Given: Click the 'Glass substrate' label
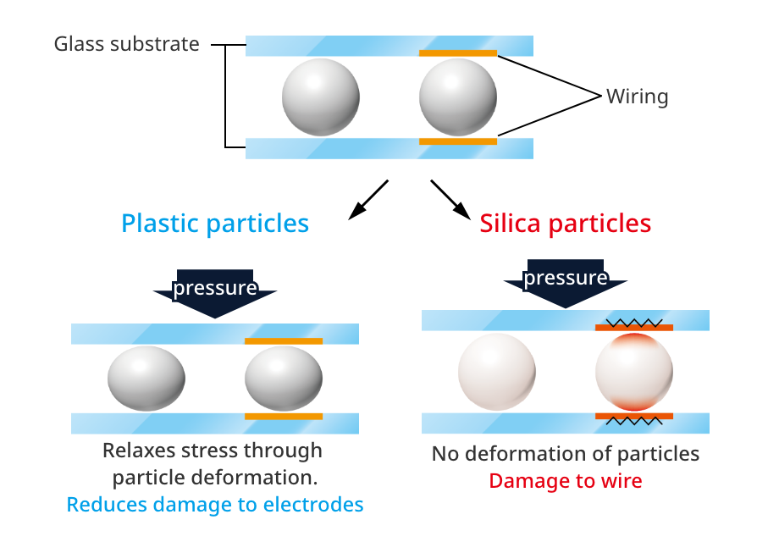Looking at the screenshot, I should click(x=127, y=44).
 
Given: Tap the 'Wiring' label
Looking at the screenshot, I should click(x=637, y=97).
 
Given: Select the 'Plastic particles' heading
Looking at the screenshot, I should click(x=215, y=224).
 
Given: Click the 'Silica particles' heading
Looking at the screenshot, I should click(x=566, y=224).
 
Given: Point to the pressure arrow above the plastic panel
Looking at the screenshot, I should click(x=215, y=292).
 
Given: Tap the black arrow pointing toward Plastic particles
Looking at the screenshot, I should click(x=367, y=201).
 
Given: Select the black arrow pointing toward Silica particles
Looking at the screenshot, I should click(x=450, y=201).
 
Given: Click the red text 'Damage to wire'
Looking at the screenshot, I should click(x=566, y=481).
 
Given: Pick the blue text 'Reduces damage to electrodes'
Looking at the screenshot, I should click(x=215, y=506).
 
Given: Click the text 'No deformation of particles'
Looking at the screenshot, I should click(x=566, y=454).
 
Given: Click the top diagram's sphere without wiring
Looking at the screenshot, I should click(x=321, y=97).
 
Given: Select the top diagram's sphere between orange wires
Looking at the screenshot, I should click(x=458, y=97).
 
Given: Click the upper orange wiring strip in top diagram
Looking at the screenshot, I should click(x=458, y=53).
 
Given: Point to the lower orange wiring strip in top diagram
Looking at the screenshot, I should click(x=458, y=141).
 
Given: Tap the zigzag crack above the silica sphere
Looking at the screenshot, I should click(x=634, y=322).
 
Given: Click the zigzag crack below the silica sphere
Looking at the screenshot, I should click(x=634, y=421).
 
